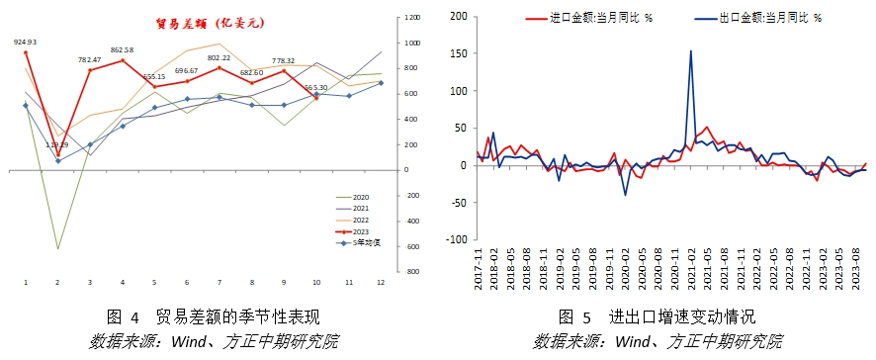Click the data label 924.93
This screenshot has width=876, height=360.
point(25,42)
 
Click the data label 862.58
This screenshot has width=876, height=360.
point(123,49)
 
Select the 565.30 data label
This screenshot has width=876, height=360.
point(316,88)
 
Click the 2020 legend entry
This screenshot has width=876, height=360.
point(360,198)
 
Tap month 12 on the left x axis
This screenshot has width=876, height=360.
point(382,284)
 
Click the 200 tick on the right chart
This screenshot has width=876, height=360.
point(457,17)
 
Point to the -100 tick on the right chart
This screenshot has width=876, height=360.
point(454,239)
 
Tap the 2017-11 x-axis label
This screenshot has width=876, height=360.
point(478,268)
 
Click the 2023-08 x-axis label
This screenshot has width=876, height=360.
point(856,268)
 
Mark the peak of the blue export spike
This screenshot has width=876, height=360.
point(690,50)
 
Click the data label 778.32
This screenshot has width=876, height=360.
point(284,61)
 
